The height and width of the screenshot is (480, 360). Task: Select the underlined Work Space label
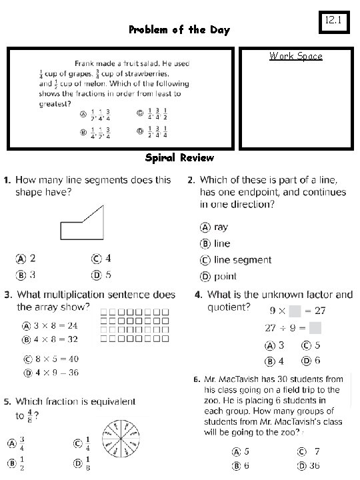point(295,56)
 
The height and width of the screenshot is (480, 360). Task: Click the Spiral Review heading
point(179,158)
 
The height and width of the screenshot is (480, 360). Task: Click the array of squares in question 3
point(134,326)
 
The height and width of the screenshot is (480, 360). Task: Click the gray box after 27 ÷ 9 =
point(316,327)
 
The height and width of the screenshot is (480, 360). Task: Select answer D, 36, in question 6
point(308,465)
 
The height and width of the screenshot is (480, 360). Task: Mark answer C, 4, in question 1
point(102,258)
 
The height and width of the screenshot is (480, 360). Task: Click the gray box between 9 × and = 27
point(294,310)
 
